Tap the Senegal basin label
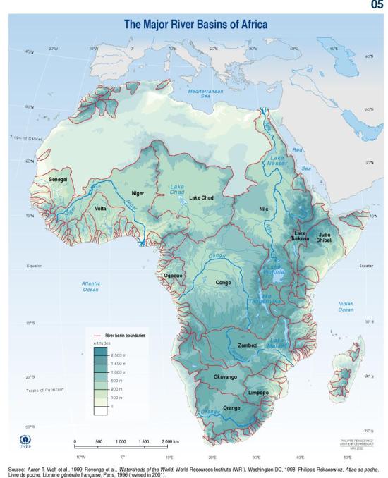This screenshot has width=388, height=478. tap(58, 180)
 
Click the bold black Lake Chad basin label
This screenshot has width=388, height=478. tap(201, 198)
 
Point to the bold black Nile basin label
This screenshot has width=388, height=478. tap(265, 209)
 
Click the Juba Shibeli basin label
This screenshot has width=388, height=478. tap(325, 237)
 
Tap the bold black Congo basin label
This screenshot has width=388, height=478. tap(223, 282)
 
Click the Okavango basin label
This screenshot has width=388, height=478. tap(225, 377)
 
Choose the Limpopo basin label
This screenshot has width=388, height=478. tap(259, 392)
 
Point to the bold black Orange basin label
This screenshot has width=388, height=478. tap(231, 408)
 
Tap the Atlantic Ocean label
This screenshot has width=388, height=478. tap(90, 286)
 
